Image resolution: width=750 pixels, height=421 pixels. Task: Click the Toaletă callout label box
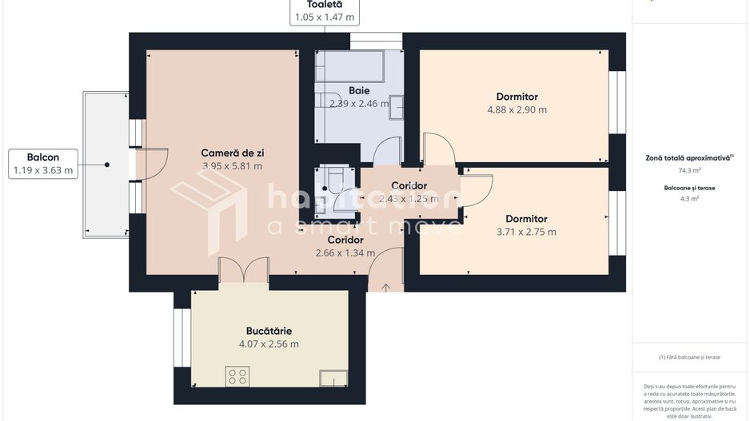(x=325, y=11)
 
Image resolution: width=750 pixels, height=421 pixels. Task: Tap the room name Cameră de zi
(x=231, y=153)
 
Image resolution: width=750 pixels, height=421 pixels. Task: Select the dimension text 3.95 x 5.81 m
(x=232, y=166)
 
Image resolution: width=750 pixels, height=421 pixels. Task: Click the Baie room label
(x=359, y=90)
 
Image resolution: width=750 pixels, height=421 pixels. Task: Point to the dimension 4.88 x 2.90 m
(x=517, y=110)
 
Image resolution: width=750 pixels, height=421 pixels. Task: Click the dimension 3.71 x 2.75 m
(x=526, y=232)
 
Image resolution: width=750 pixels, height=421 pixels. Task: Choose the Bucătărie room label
(x=269, y=331)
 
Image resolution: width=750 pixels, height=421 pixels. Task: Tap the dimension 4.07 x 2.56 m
(x=269, y=344)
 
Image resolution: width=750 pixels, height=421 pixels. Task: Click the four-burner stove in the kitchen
(x=237, y=376)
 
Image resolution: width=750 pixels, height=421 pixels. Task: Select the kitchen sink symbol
(x=333, y=378)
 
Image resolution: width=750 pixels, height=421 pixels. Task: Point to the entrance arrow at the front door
(x=386, y=287)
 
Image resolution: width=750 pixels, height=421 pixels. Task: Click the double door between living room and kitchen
(x=244, y=272)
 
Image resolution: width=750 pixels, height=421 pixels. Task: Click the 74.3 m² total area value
(x=689, y=170)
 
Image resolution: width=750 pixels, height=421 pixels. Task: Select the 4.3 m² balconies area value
(x=689, y=199)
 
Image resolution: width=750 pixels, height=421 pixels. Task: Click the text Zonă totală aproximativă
(x=688, y=157)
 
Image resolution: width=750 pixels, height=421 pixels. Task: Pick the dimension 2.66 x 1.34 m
(x=345, y=253)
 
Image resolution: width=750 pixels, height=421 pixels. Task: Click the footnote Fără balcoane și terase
(x=688, y=357)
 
